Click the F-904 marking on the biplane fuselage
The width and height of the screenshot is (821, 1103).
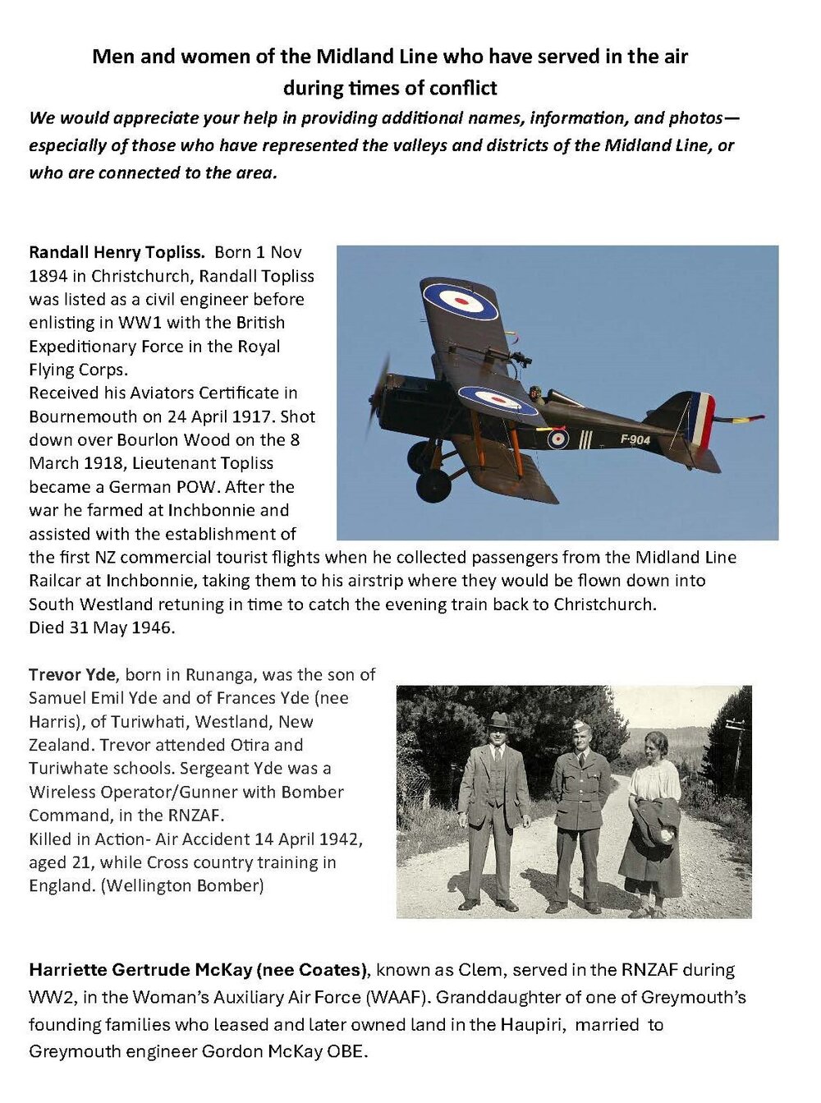pyautogui.click(x=635, y=439)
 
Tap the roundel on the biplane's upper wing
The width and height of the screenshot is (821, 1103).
pyautogui.click(x=461, y=301)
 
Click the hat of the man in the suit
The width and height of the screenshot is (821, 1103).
pyautogui.click(x=498, y=720)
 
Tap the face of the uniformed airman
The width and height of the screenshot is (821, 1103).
pyautogui.click(x=581, y=740)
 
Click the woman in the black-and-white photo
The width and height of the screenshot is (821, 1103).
pyautogui.click(x=654, y=821)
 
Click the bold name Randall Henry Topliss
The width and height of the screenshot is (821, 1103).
pyautogui.click(x=117, y=252)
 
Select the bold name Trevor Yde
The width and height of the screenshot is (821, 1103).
pyautogui.click(x=72, y=675)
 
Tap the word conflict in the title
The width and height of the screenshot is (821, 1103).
pyautogui.click(x=467, y=88)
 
